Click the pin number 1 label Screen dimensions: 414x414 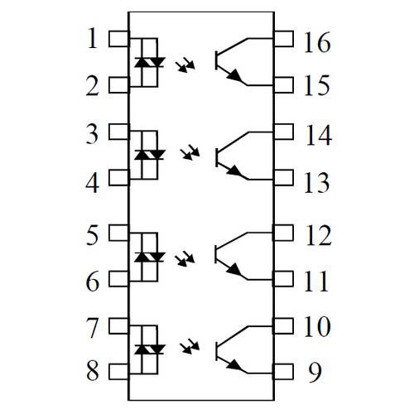[x=93, y=38]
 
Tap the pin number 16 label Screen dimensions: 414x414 [x=317, y=42]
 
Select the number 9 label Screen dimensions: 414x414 [x=315, y=373]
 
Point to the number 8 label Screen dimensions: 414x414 [x=93, y=370]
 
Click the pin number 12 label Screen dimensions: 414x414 [x=318, y=235]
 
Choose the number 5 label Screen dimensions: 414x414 [x=92, y=235]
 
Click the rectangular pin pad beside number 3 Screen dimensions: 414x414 [x=119, y=132]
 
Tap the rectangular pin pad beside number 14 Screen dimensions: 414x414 [x=283, y=132]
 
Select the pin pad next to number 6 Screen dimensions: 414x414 [x=119, y=278]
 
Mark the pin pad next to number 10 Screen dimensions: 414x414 [x=283, y=326]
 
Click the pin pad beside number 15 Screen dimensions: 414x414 [x=283, y=85]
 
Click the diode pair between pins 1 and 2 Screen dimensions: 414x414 [x=150, y=62]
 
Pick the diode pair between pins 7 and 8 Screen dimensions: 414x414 [x=150, y=349]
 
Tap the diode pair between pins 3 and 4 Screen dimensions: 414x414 [x=150, y=155]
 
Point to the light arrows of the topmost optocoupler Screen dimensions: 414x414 [x=185, y=65]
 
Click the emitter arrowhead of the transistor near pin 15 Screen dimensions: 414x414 [x=233, y=75]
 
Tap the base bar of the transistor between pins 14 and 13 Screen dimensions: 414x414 [x=217, y=157]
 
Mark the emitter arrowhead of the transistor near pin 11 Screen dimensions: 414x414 [x=233, y=269]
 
